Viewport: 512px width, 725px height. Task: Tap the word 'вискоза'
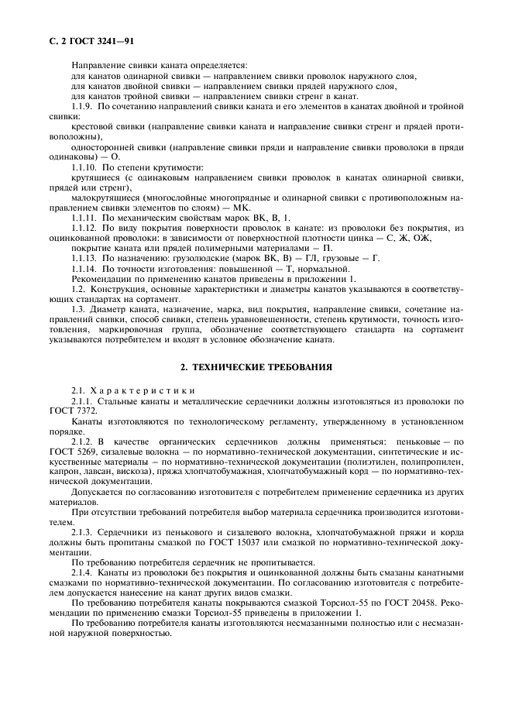click(x=162, y=471)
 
